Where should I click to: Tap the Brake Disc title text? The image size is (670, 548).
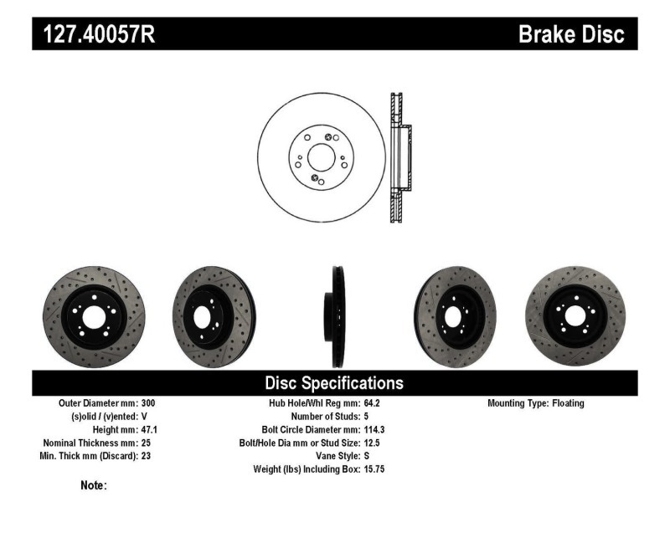click(x=571, y=34)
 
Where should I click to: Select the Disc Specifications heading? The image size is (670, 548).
click(x=334, y=383)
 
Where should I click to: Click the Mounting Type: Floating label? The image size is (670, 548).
click(x=536, y=403)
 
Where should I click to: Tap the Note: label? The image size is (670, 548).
click(x=94, y=485)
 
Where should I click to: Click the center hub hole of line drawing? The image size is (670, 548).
click(x=320, y=156)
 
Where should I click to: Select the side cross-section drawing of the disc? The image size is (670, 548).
click(x=399, y=157)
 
